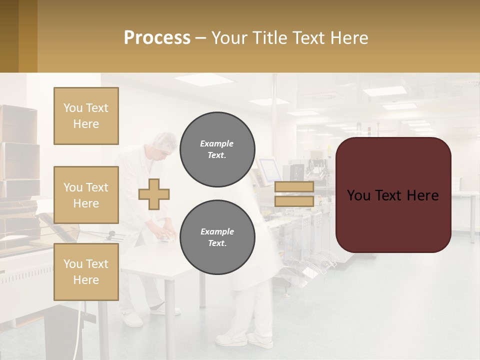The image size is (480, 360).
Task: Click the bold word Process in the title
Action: pyautogui.click(x=157, y=37)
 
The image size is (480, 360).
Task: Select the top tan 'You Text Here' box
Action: pyautogui.click(x=86, y=116)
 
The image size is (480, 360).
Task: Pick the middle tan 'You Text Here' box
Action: pyautogui.click(x=86, y=195)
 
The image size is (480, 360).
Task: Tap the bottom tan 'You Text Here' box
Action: pyautogui.click(x=86, y=272)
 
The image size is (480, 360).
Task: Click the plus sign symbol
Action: pyautogui.click(x=154, y=194)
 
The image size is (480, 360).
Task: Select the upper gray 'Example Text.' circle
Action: pyautogui.click(x=217, y=149)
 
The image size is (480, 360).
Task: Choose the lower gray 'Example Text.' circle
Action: pyautogui.click(x=217, y=237)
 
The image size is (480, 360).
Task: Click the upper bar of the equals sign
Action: pyautogui.click(x=294, y=186)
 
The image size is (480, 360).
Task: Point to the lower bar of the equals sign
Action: pyautogui.click(x=294, y=201)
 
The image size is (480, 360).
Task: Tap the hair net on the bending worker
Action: pyautogui.click(x=165, y=140)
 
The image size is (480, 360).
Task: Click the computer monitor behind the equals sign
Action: pyautogui.click(x=267, y=168)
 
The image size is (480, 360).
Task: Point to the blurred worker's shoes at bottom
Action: pyautogui.click(x=245, y=341)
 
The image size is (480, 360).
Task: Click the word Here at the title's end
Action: pyautogui.click(x=348, y=37)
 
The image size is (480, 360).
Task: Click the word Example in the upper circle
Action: pyautogui.click(x=216, y=143)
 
